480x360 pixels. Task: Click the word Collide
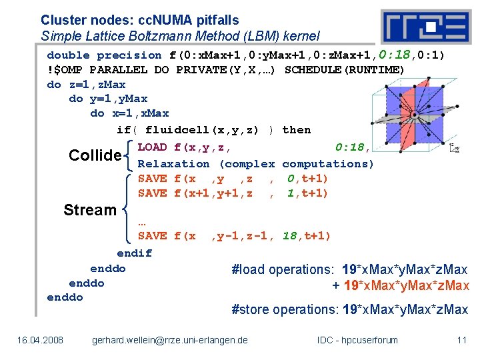(95, 155)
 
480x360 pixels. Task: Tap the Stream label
(89, 210)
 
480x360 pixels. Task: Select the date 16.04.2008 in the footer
(41, 340)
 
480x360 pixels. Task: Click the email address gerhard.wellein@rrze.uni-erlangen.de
(169, 340)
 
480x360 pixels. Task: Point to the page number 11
(461, 340)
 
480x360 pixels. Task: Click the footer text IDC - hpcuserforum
(357, 340)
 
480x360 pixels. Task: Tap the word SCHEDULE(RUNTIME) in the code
(344, 70)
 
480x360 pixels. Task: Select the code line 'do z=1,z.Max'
(86, 85)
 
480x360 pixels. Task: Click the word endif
(134, 253)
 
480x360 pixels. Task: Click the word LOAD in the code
(152, 147)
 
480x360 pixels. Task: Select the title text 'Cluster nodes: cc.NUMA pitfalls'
(139, 21)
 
